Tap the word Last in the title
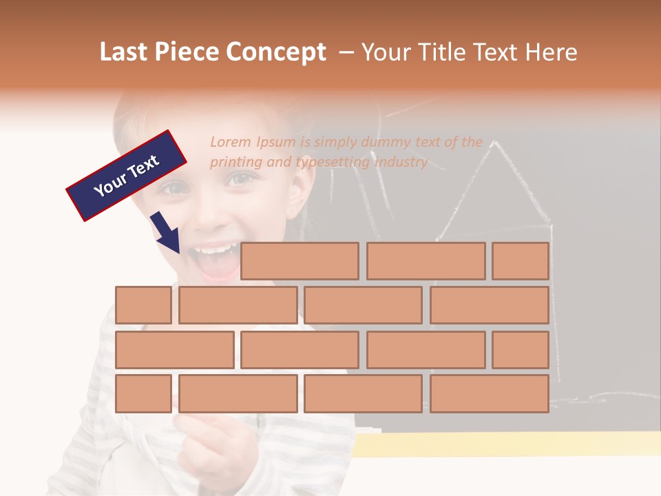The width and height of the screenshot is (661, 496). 125,52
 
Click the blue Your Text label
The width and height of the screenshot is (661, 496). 127,176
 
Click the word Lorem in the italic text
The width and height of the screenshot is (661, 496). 231,143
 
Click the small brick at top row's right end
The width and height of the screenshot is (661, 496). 520,261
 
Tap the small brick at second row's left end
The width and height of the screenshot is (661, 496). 143,305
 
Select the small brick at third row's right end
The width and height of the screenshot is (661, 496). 520,350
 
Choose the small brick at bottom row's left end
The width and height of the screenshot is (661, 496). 143,393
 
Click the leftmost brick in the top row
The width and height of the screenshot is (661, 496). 300,261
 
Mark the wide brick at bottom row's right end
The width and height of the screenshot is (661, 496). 489,393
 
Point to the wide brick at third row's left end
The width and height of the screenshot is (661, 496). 174,350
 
